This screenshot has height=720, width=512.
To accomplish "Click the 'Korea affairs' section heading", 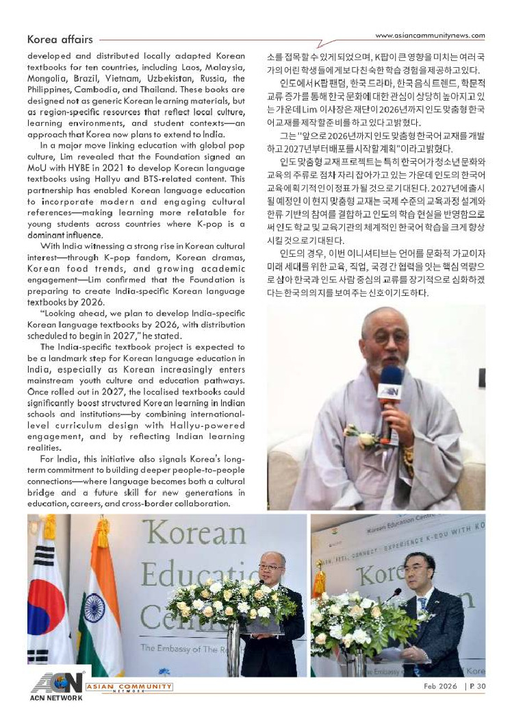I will click(x=60, y=40).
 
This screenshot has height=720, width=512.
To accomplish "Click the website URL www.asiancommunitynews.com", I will click(x=431, y=36).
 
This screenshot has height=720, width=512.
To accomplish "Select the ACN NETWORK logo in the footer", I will click(x=55, y=687).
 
